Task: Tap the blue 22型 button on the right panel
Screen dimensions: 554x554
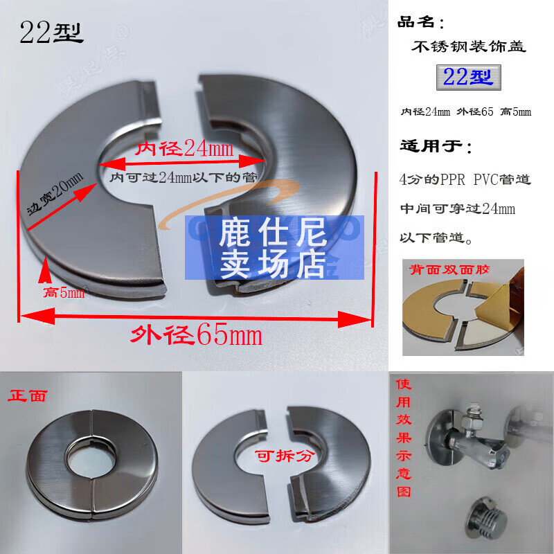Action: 468,76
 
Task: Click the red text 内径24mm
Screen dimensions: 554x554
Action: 184,149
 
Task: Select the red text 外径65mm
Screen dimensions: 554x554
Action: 197,336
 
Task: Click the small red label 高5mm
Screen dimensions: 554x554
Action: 64,293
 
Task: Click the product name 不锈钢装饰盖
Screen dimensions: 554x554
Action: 468,47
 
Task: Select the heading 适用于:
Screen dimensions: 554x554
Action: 436,147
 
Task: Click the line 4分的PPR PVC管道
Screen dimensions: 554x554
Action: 465,179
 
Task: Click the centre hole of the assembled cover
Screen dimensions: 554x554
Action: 91,456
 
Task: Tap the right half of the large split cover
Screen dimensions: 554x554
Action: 291,173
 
